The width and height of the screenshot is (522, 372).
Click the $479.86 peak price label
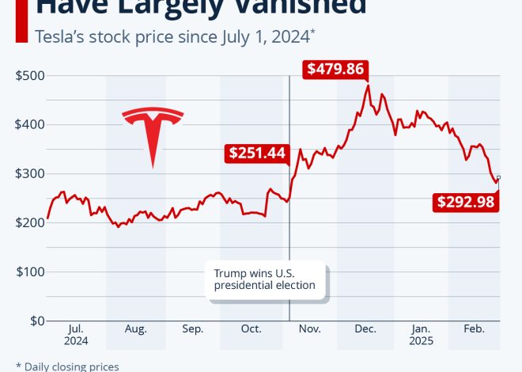click(x=335, y=69)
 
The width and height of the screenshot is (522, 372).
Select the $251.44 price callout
click(x=257, y=153)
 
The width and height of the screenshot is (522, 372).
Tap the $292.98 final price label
click(x=466, y=202)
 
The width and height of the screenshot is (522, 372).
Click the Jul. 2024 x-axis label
click(x=77, y=335)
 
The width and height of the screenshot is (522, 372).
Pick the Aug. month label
click(x=135, y=329)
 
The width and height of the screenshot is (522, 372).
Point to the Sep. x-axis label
click(x=193, y=329)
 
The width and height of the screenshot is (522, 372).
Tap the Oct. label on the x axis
click(x=251, y=329)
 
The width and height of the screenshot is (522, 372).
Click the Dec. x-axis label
click(x=365, y=329)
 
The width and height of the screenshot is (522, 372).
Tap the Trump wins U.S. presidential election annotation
click(x=265, y=279)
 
